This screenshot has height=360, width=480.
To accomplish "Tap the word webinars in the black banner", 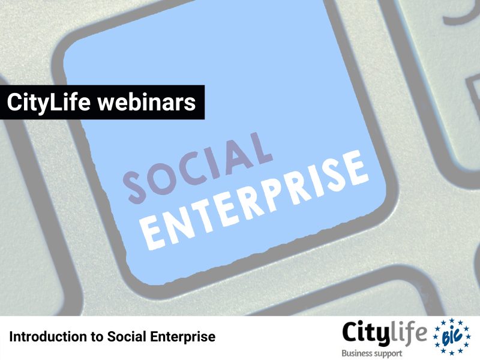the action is (146, 102).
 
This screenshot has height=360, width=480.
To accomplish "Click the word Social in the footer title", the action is (127, 337).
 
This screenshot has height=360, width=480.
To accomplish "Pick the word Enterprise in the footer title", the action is (183, 337).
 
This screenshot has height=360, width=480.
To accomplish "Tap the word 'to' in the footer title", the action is (97, 337).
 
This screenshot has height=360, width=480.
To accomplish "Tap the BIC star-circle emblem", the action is (452, 337).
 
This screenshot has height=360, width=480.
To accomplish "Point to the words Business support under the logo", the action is (371, 353).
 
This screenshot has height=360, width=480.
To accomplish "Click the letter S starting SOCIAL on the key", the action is (134, 187).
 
